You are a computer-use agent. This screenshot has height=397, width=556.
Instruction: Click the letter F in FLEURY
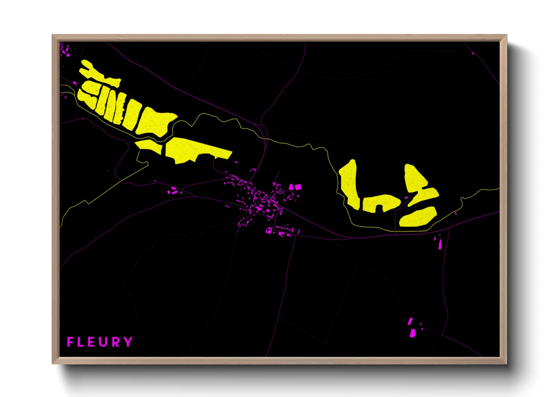(x=70, y=342)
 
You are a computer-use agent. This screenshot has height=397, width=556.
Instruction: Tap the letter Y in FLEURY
(x=128, y=342)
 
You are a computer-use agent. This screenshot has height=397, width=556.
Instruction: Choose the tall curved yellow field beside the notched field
(x=349, y=184)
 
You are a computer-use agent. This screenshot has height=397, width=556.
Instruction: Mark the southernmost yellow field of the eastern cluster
(x=418, y=217)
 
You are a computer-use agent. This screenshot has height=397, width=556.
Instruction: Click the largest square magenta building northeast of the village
(x=298, y=186)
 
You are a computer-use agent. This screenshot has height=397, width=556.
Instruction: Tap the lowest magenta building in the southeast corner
(x=412, y=333)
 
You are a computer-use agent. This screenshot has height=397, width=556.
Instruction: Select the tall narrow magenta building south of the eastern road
(x=440, y=244)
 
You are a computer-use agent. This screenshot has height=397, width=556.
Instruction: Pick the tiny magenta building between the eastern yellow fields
(x=406, y=197)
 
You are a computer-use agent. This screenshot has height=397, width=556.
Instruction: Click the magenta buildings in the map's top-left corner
(x=66, y=51)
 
